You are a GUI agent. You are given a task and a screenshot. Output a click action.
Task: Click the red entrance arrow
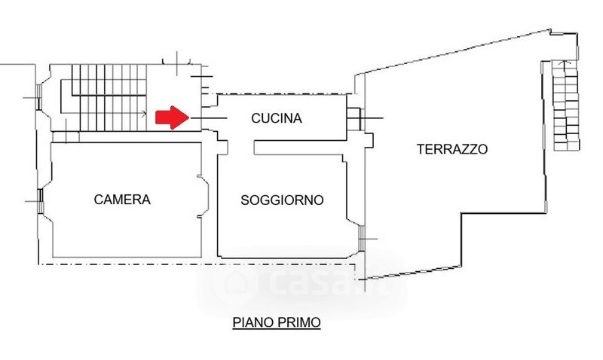[x=172, y=117]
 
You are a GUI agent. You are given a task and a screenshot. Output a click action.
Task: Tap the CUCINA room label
[x=276, y=118]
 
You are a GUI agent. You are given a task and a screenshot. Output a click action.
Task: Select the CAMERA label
[x=122, y=200]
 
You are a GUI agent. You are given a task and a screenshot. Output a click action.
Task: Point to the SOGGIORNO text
[x=282, y=200]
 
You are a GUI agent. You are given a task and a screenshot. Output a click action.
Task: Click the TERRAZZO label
[x=452, y=149]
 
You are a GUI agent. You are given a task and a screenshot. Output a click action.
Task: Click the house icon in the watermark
[x=231, y=284]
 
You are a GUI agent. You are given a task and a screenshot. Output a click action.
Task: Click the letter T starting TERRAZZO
[x=421, y=149]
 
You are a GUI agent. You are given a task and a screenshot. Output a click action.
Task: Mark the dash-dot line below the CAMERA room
[x=121, y=264]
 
